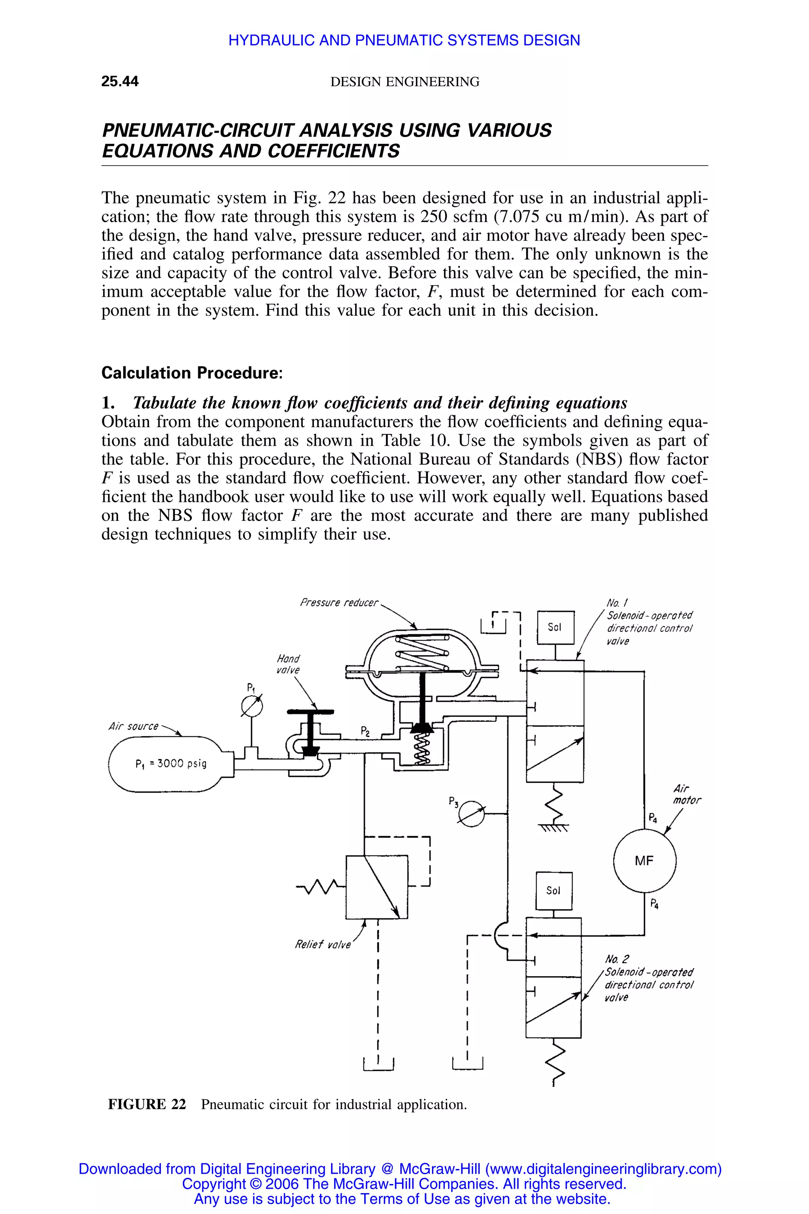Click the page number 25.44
[120, 81]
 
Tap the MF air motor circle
[644, 860]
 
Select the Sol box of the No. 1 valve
[555, 627]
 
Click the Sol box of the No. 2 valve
[553, 890]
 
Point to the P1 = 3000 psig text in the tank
[171, 763]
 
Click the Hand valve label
[288, 664]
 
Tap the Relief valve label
[322, 944]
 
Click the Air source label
[134, 726]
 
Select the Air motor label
[687, 794]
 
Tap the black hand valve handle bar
[310, 712]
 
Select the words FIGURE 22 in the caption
[147, 1104]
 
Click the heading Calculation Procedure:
[192, 373]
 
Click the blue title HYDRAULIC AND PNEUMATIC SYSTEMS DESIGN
[404, 40]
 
